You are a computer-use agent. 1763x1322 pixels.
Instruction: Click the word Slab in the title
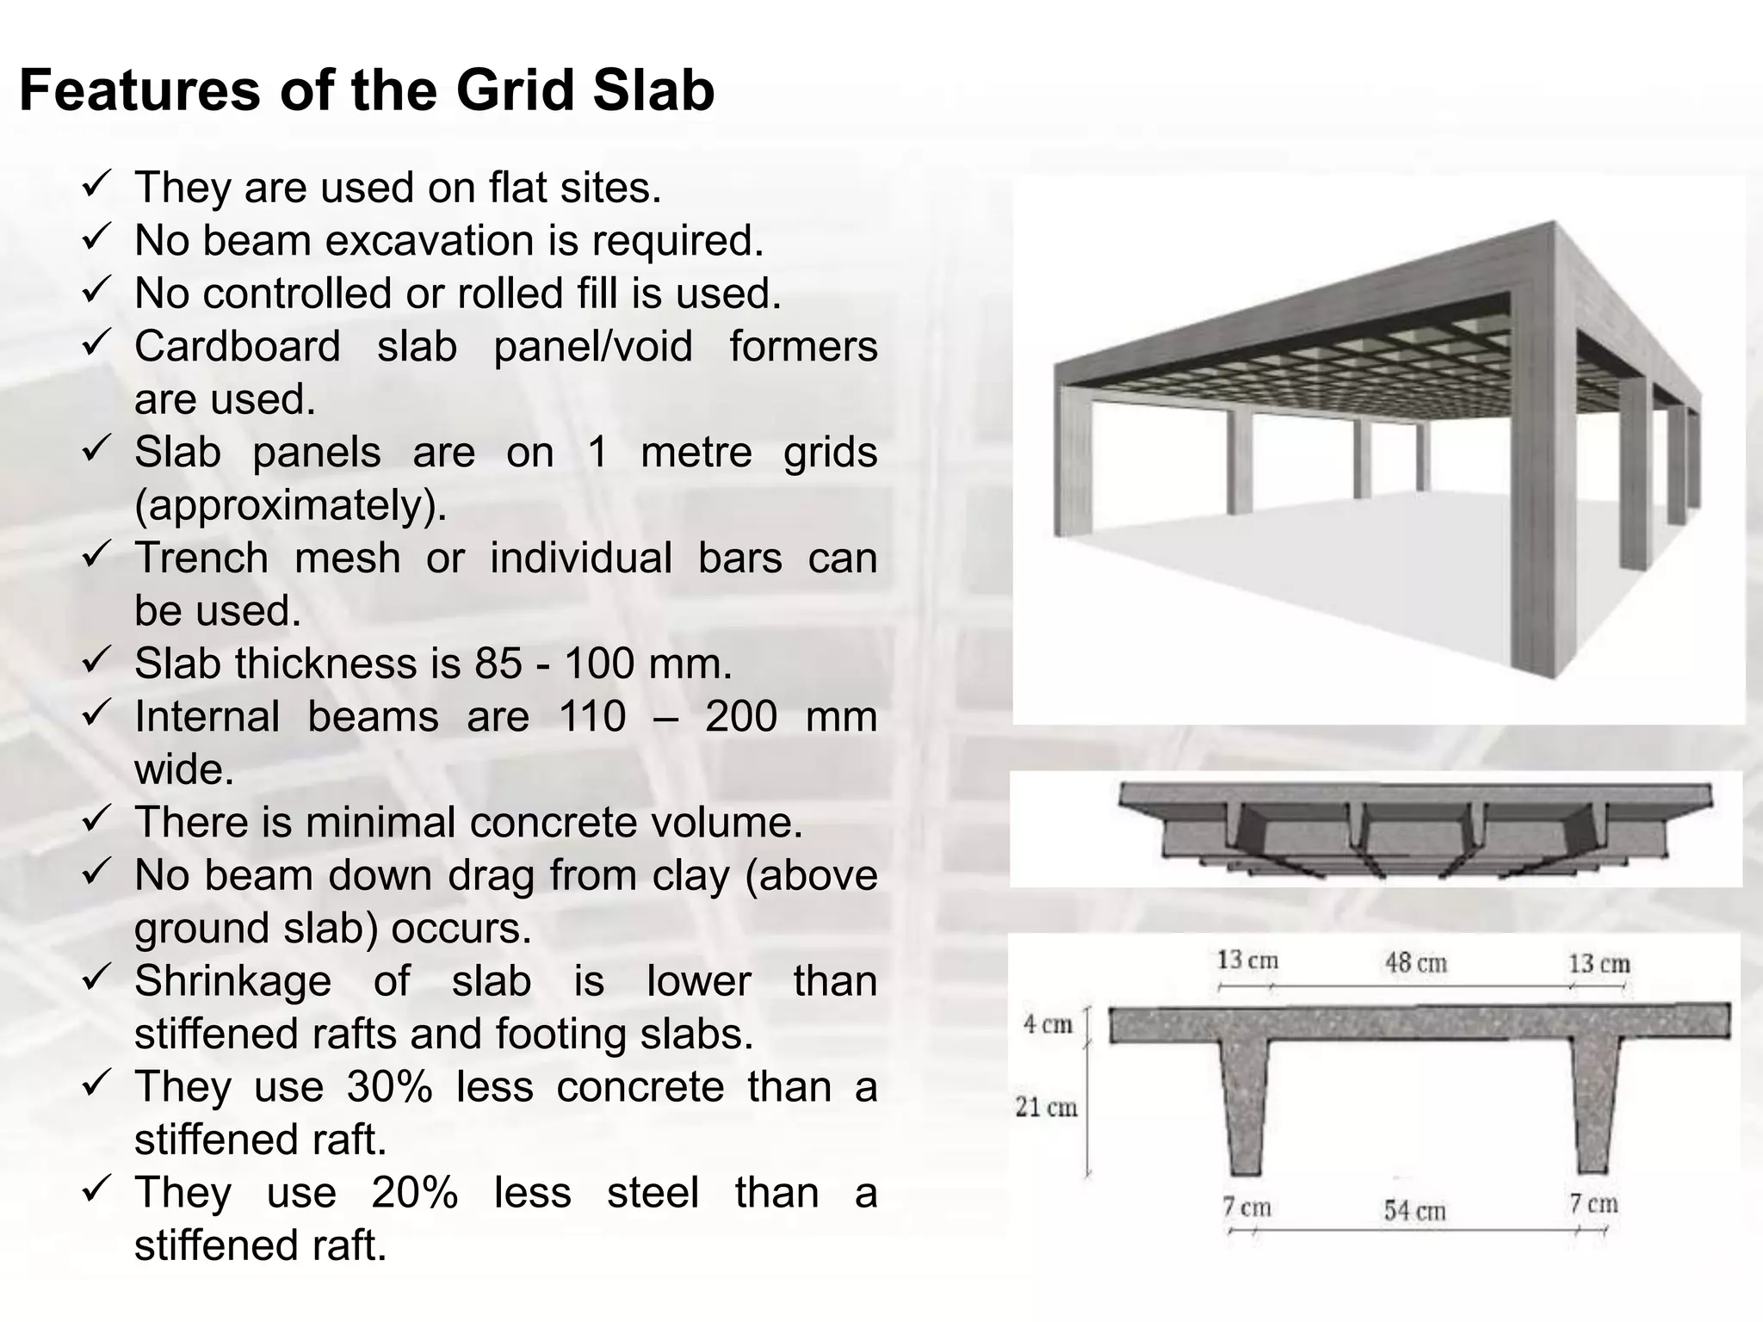653,90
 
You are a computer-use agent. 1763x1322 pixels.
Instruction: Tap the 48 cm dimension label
1415,962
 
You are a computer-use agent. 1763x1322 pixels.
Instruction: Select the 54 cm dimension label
1414,1210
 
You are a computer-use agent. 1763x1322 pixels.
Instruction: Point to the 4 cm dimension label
1048,1024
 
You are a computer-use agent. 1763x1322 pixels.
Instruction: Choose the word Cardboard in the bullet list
237,347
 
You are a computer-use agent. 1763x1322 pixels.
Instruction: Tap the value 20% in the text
414,1193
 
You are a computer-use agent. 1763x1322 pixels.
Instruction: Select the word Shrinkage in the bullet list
232,981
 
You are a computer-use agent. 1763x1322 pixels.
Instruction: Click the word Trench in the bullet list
201,558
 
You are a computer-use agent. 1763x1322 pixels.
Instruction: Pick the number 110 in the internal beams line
592,717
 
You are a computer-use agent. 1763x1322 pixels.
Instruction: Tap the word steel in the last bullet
653,1193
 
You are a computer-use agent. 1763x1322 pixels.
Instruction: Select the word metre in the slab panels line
696,453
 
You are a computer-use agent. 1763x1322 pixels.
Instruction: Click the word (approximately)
290,505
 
